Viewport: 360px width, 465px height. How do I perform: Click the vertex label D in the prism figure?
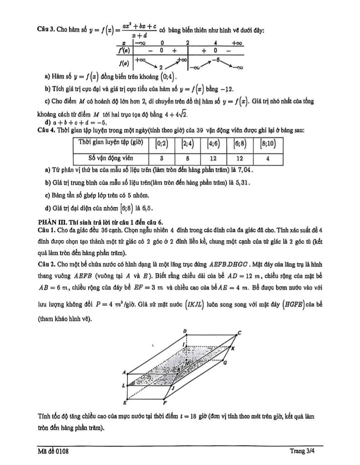point(185,331)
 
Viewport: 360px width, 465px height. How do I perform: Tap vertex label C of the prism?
point(240,332)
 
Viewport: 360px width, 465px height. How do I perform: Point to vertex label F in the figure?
point(165,402)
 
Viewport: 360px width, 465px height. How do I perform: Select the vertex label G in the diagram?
point(225,363)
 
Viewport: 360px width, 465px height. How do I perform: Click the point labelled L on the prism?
point(124,386)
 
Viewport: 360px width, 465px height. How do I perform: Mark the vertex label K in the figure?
point(233,348)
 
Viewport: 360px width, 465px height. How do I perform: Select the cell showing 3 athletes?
point(162,159)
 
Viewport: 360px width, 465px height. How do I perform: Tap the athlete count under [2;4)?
point(187,159)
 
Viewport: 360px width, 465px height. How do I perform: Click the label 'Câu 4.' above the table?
point(46,130)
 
